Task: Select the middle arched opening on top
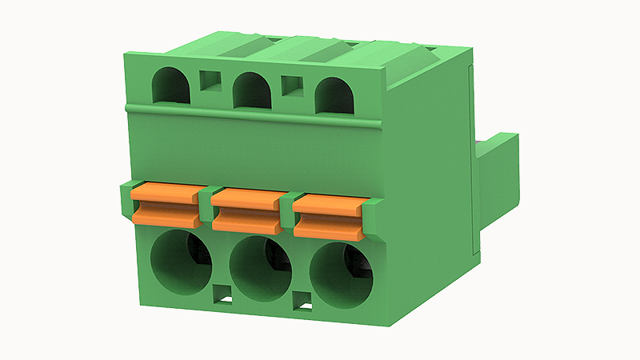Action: [x=252, y=90]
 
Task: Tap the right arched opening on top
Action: [x=334, y=95]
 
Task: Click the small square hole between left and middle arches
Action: [x=210, y=81]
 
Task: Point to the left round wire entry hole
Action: [x=182, y=261]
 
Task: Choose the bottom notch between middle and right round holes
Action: [x=302, y=302]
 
